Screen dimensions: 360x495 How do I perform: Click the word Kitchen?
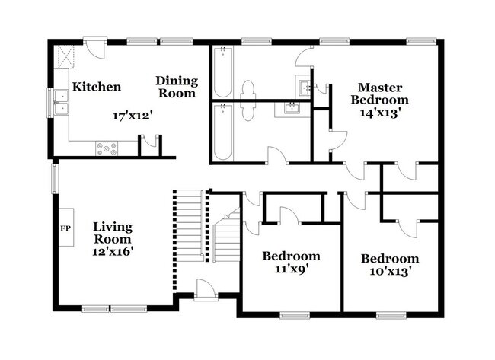click(96, 87)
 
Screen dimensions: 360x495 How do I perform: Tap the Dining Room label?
click(177, 87)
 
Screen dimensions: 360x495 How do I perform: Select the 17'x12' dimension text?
click(129, 116)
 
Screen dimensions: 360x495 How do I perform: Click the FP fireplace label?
click(64, 228)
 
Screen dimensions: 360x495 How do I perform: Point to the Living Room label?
click(113, 233)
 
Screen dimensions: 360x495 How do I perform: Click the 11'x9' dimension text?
click(291, 269)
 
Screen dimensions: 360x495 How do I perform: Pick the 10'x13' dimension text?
click(389, 271)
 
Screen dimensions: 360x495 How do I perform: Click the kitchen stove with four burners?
click(107, 148)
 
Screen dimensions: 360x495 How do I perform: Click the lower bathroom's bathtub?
click(222, 132)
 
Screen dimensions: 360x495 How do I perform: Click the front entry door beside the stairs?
click(205, 290)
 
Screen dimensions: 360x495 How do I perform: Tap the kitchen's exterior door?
click(94, 46)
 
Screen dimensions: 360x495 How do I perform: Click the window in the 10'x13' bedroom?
click(390, 314)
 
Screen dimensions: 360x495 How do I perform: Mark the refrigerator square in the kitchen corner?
click(65, 56)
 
